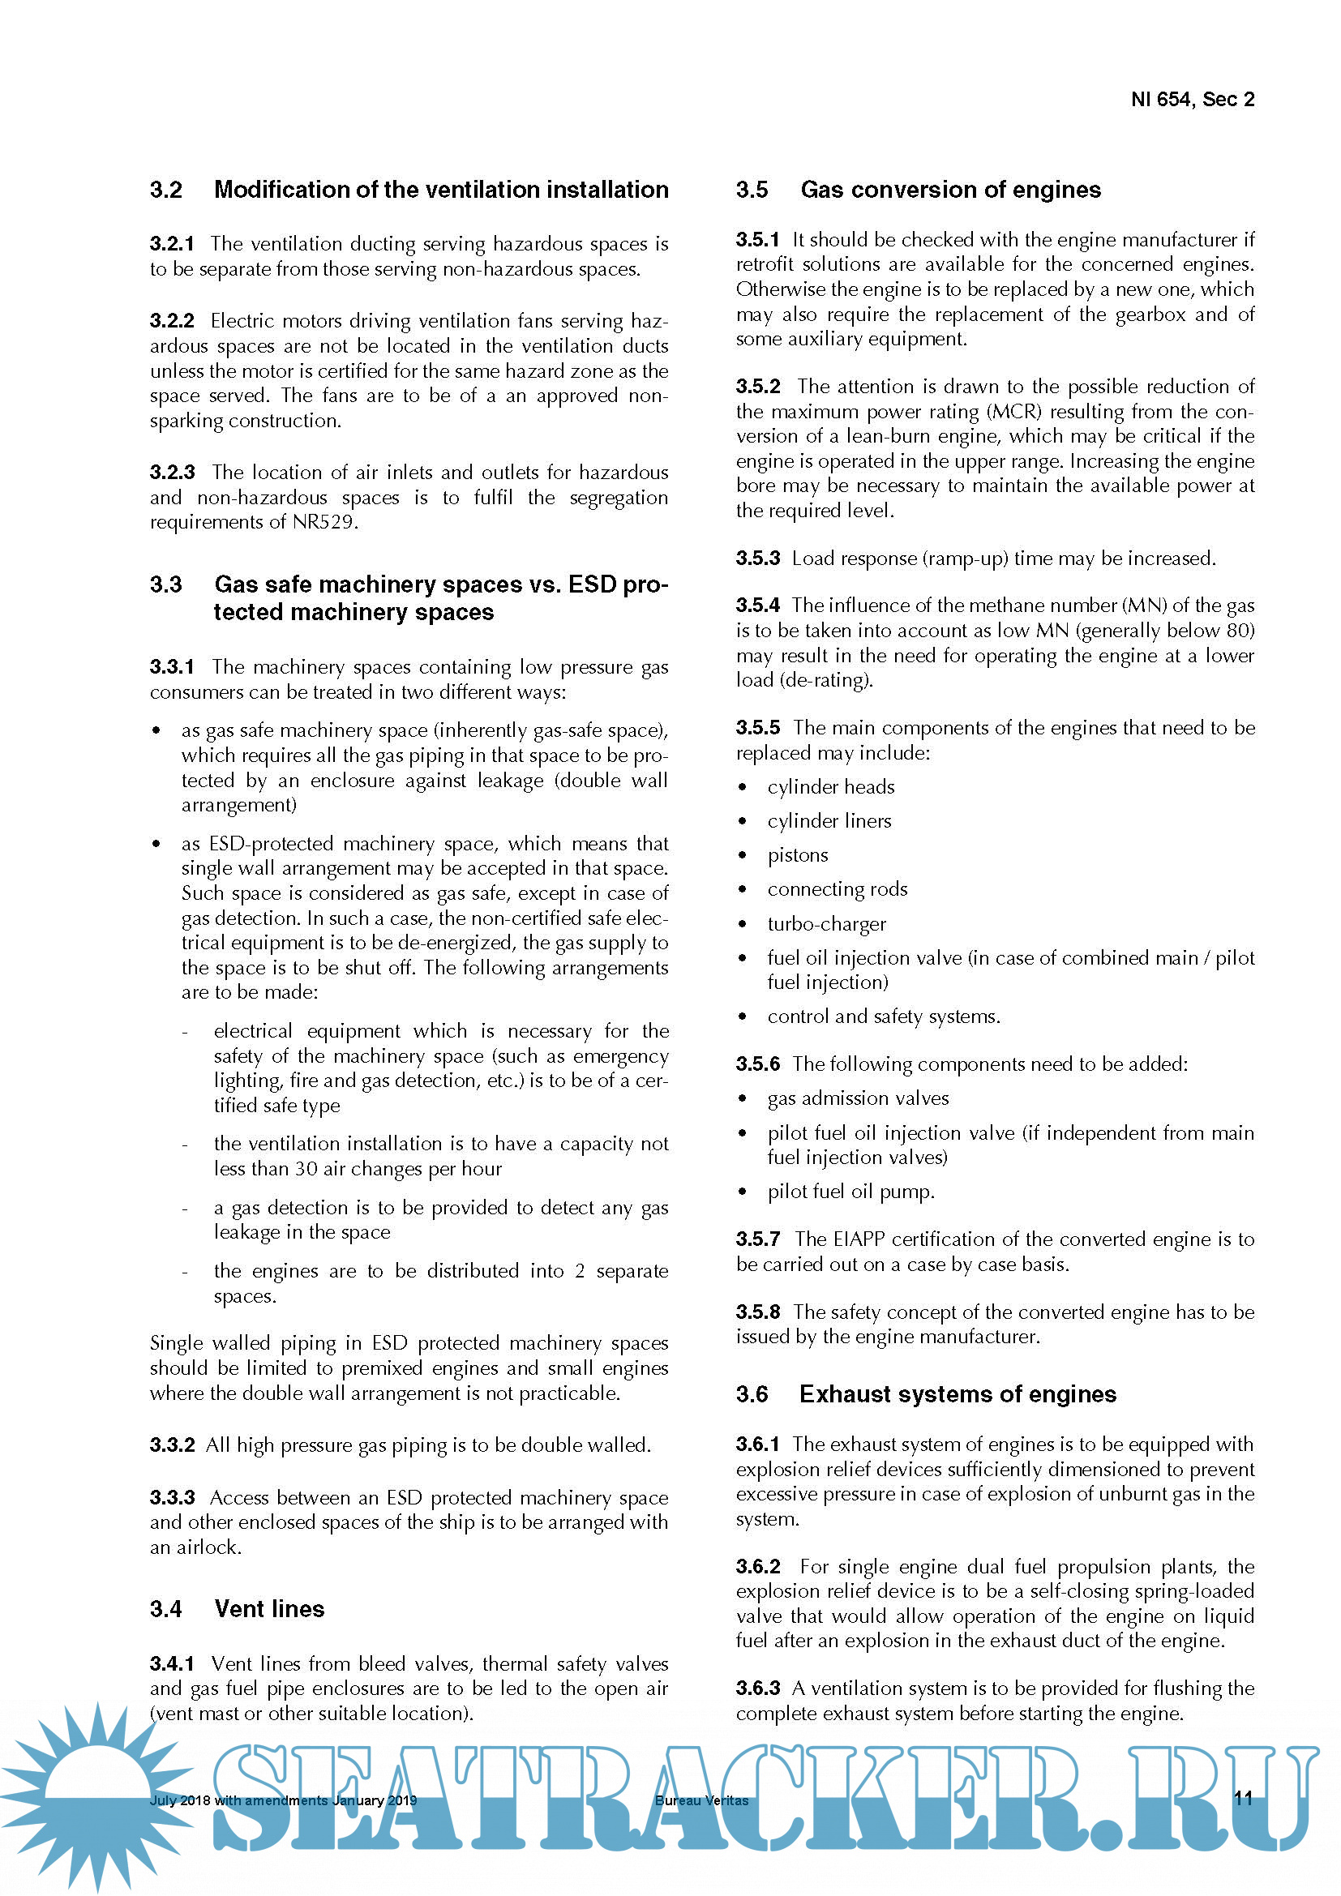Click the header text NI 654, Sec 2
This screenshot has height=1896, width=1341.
point(1192,100)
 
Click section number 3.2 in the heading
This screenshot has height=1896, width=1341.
point(166,190)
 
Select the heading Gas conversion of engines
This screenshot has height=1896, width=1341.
point(949,190)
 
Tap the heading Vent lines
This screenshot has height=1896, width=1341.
point(269,1608)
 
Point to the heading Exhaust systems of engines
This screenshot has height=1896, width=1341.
point(957,1394)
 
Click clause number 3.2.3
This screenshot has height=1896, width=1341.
point(172,473)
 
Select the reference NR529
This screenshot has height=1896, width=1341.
point(323,522)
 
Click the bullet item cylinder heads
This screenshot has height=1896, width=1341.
point(831,787)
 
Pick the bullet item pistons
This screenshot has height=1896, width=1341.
point(798,855)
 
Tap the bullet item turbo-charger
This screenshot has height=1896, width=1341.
point(826,924)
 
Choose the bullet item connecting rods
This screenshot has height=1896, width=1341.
point(838,889)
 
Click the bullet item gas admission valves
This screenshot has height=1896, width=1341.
point(858,1098)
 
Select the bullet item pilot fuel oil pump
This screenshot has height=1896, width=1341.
point(850,1192)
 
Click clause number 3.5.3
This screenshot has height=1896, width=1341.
point(757,559)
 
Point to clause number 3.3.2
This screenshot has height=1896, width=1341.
point(172,1445)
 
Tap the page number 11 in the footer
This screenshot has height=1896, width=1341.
point(1243,1799)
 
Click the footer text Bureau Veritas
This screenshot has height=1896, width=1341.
point(701,1801)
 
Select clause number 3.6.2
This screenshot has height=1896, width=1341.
point(757,1567)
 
